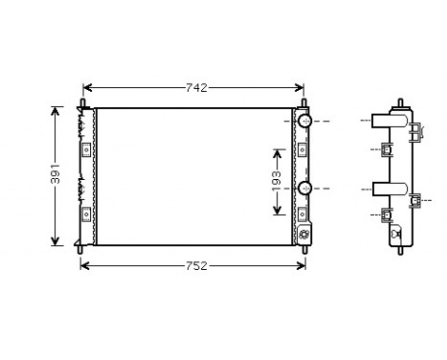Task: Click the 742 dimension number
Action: pos(195,88)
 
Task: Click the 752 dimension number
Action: pos(195,265)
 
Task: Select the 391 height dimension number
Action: pos(56,175)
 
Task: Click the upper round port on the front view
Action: pos(304,122)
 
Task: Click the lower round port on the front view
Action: pos(304,188)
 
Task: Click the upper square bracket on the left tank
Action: pos(86,149)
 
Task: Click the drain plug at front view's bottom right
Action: pos(304,234)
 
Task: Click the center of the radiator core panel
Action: pos(194,176)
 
